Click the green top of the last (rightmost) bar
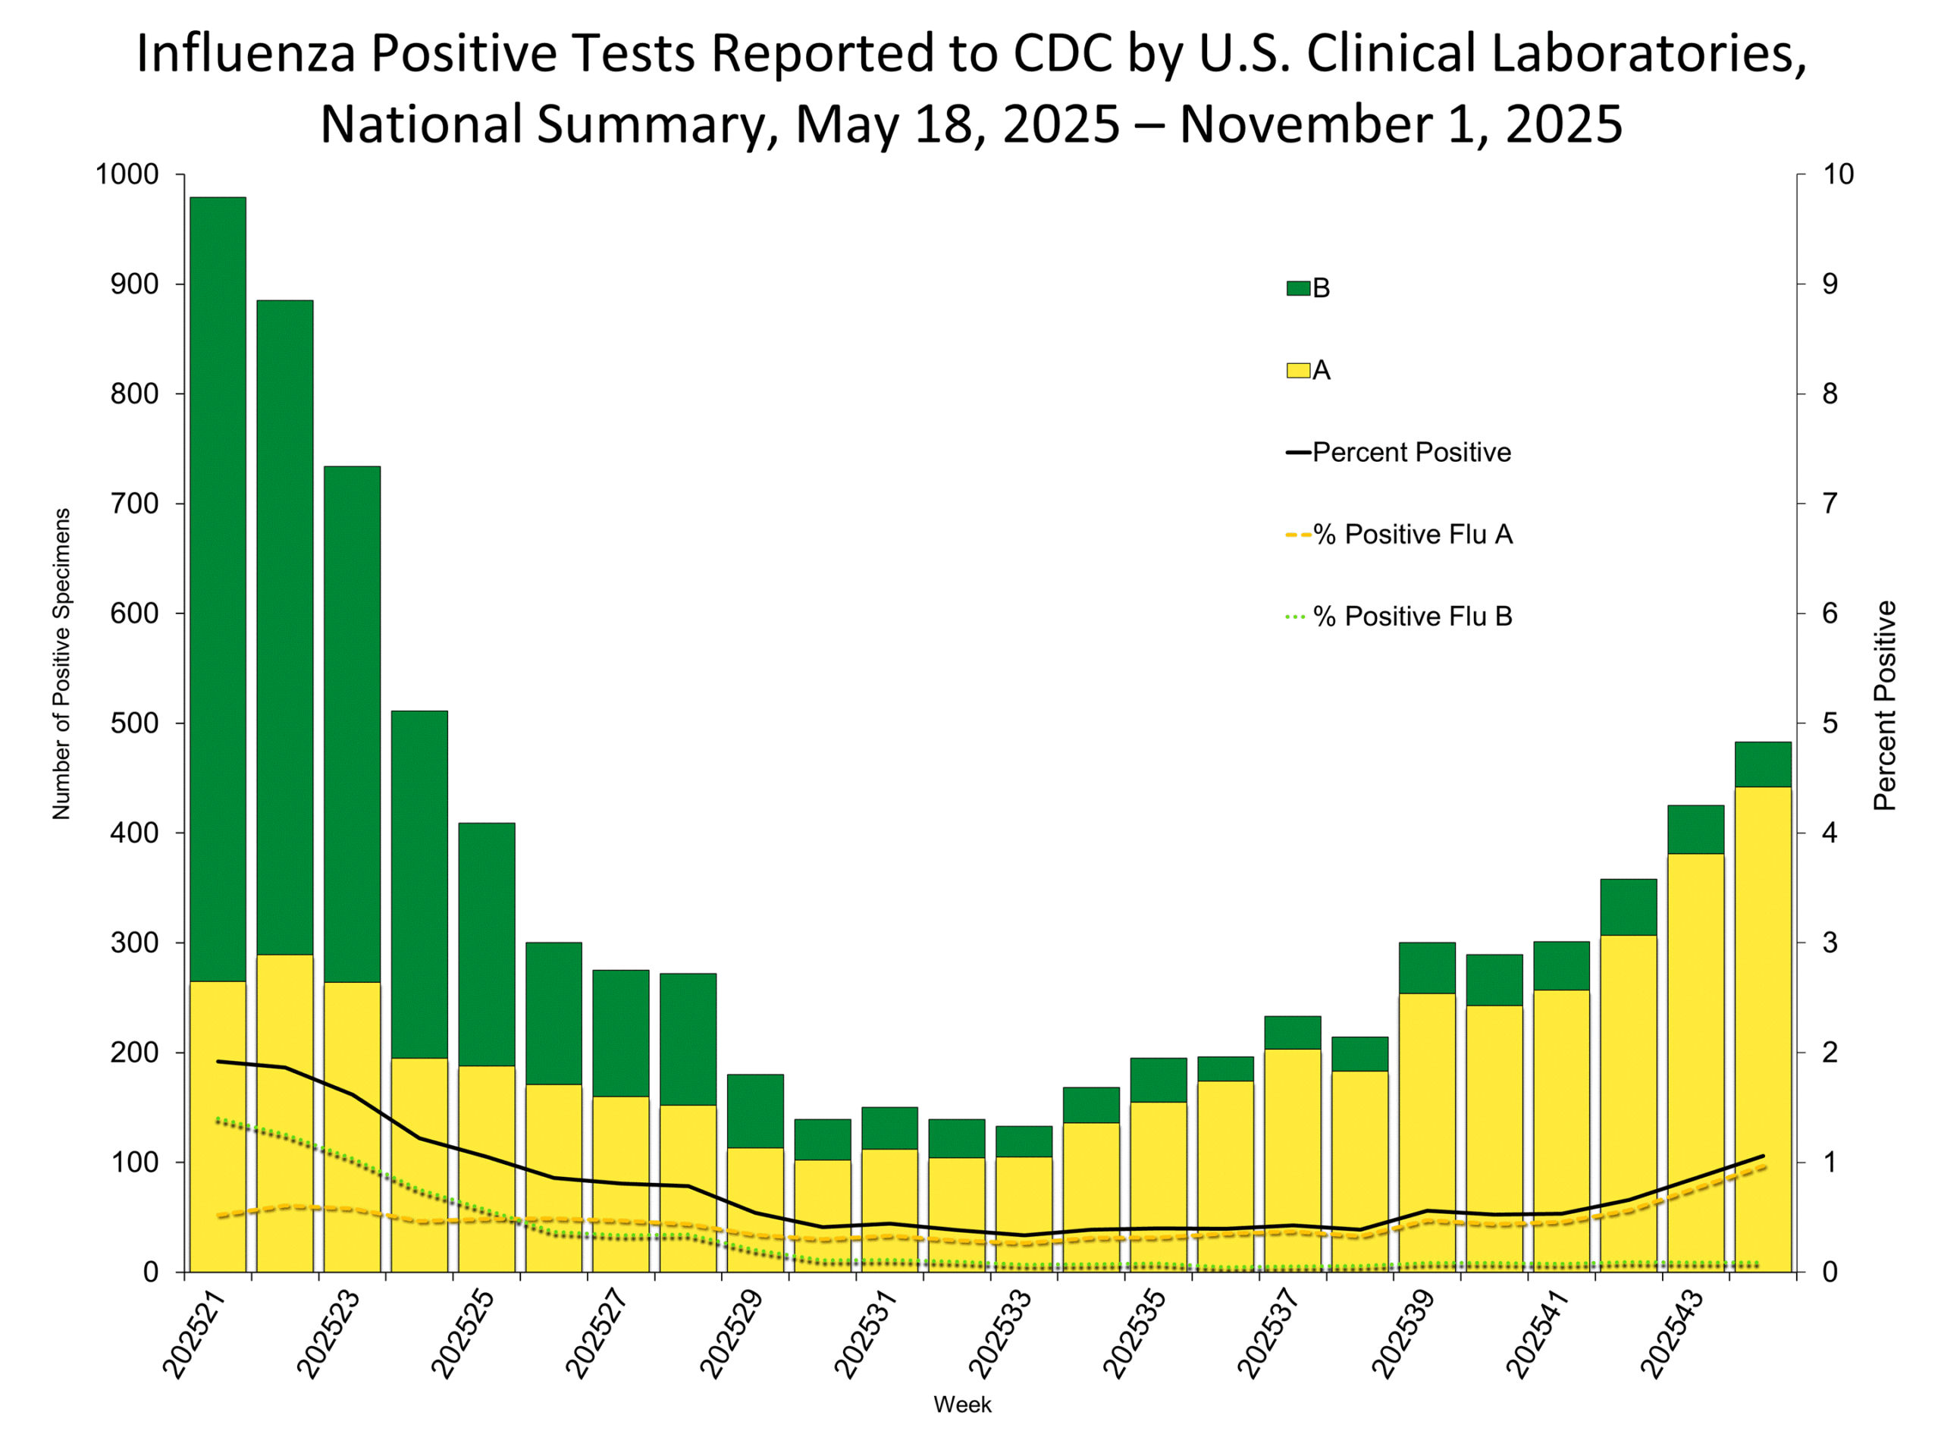click(x=1763, y=764)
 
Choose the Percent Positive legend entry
click(x=1399, y=453)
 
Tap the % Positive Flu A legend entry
click(x=1399, y=535)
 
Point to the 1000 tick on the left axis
click(x=127, y=174)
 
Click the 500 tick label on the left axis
click(x=134, y=723)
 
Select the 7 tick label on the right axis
click(x=1830, y=504)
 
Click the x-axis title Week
click(x=963, y=1405)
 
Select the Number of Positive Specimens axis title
click(x=61, y=664)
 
